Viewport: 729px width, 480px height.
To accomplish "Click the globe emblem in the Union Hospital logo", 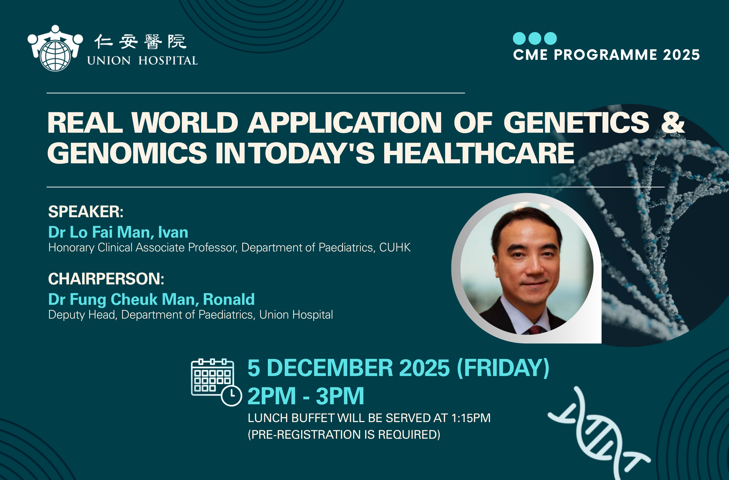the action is point(56,56).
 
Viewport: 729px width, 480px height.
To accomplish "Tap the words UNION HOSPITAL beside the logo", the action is point(142,61).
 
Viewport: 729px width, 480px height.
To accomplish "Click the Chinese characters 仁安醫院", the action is point(140,42).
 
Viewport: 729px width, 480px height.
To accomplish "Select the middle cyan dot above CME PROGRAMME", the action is point(535,38).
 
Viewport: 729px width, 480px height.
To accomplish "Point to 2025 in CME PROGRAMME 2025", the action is point(682,55).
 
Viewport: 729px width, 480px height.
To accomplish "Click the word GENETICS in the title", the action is point(576,122).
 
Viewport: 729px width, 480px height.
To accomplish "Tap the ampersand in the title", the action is point(673,122).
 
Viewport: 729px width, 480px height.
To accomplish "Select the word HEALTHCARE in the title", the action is point(479,153).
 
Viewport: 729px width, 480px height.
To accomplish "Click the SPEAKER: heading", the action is point(86,212).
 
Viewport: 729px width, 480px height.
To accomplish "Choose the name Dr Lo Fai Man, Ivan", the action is point(118,232).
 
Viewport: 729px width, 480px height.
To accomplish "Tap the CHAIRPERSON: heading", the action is point(106,279).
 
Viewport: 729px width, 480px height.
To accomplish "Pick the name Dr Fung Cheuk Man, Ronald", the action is point(151,299).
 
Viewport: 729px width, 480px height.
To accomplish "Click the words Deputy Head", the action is point(82,315).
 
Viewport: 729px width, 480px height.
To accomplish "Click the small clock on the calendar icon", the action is point(232,395).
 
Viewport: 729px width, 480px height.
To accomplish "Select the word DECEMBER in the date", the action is point(330,368).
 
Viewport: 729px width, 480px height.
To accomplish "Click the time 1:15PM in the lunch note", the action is point(471,418).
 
